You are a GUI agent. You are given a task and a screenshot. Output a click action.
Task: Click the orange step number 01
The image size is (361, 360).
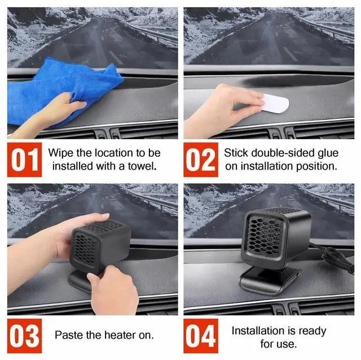[25, 160]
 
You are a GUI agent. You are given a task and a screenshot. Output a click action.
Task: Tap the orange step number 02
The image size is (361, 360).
[201, 160]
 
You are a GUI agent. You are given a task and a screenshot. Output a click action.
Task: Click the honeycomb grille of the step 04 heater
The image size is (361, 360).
[265, 237]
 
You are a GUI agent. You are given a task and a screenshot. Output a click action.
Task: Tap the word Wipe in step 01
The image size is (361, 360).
[60, 153]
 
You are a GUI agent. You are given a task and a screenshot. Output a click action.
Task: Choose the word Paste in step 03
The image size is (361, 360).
[69, 335]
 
